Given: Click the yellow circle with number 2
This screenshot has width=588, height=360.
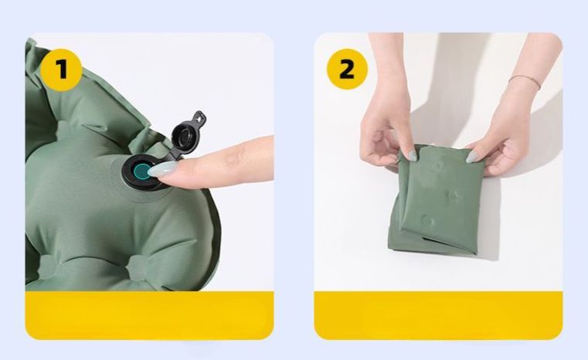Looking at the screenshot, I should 346,69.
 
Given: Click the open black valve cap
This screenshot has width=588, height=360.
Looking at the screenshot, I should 188,132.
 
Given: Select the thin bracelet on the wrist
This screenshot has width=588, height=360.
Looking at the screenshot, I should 525,81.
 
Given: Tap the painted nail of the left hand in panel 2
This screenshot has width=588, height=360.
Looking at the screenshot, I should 413,155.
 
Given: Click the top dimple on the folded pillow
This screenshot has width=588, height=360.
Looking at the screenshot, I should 438,165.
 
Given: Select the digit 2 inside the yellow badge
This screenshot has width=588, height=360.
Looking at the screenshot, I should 346,69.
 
